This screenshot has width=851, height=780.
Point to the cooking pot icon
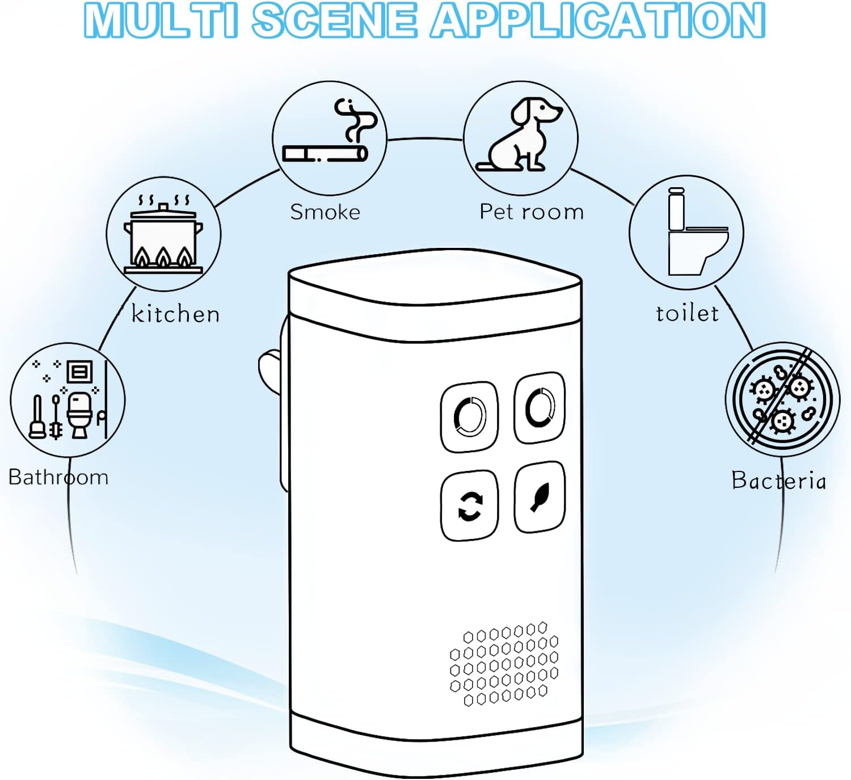[163, 234]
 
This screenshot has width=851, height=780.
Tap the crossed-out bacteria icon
[783, 399]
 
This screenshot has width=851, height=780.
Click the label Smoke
[325, 212]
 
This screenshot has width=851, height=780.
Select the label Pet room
[532, 212]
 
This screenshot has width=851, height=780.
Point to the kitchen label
[175, 314]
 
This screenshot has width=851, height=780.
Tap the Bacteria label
[778, 480]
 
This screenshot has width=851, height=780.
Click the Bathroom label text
[58, 477]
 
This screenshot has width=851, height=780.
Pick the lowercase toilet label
[687, 313]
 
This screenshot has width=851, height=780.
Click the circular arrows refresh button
[470, 505]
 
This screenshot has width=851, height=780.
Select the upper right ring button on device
[540, 408]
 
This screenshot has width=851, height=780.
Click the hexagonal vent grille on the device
[504, 664]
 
